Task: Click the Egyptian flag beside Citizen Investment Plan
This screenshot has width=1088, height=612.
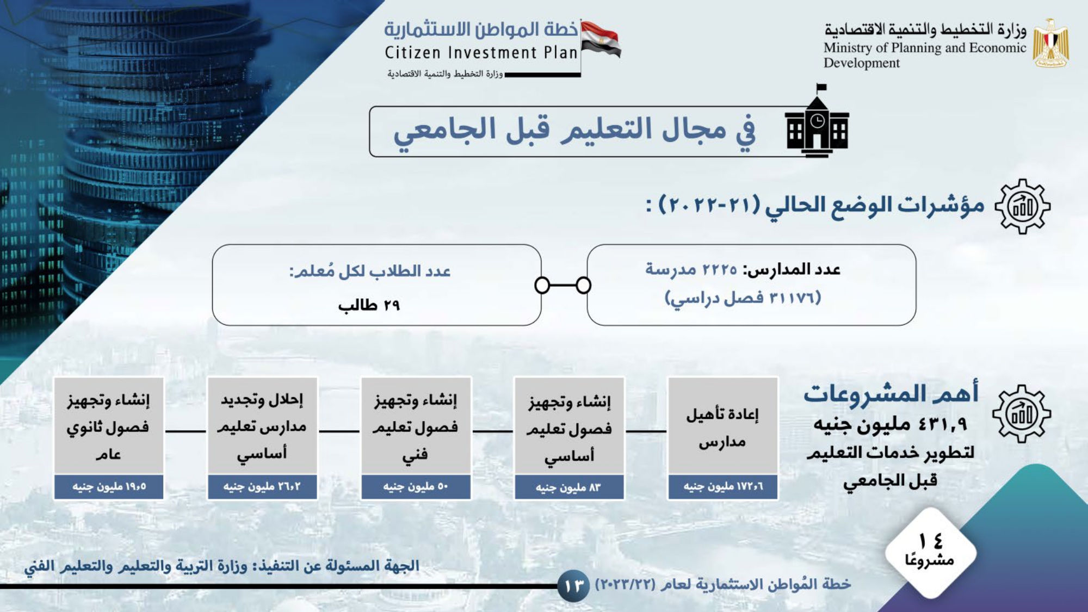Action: point(601,39)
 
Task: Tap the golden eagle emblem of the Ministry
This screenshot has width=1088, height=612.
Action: point(1051,44)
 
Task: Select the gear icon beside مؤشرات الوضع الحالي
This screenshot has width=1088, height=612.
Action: point(1023,207)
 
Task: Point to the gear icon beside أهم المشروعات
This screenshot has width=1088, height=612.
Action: point(1022,413)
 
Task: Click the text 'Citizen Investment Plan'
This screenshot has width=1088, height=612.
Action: point(481,53)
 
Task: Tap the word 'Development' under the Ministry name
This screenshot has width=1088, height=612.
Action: point(862,63)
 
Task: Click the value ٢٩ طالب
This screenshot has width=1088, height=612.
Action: point(369,305)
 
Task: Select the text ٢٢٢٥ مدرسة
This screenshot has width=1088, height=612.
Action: point(691,269)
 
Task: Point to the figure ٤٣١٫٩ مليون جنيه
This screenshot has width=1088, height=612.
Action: point(890,424)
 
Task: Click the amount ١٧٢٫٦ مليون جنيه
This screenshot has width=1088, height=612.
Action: point(723,486)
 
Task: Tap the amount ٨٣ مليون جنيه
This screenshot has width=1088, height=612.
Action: point(568,487)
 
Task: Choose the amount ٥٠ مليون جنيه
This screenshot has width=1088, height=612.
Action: point(416,486)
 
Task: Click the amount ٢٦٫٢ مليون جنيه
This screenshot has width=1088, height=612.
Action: point(262,486)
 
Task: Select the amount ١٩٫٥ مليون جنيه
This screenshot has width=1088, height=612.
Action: point(109,486)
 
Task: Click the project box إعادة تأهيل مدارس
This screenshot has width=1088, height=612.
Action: point(723,438)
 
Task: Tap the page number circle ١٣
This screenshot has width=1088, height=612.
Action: point(574,586)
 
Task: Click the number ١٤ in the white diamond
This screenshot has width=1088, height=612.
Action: point(931,541)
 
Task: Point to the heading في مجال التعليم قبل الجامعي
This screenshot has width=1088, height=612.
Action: point(574,131)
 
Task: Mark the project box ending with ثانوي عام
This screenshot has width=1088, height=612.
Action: point(109,438)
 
